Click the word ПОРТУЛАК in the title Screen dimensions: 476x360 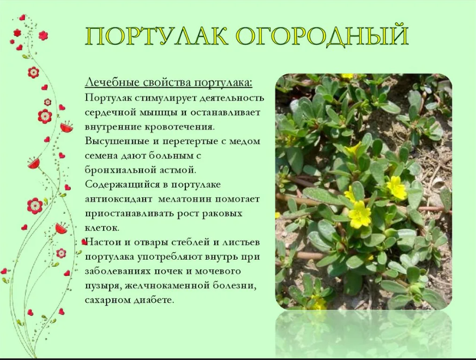point(156,37)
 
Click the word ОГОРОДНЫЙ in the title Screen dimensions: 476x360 point(322,36)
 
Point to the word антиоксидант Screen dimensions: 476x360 point(118,199)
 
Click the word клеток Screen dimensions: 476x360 point(102,228)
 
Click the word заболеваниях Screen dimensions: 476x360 point(118,271)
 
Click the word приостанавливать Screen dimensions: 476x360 point(128,214)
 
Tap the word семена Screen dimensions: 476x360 point(101,156)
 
